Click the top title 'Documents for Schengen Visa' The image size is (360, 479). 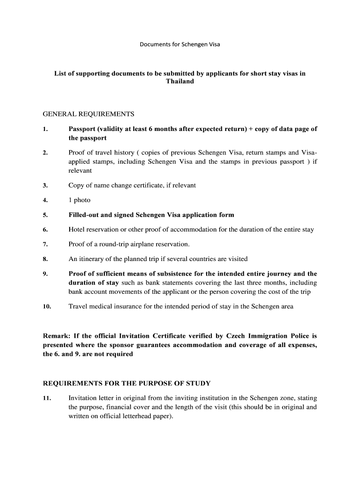[x=180, y=45]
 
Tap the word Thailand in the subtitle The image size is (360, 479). [x=180, y=81]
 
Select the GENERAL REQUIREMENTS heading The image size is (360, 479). [x=88, y=114]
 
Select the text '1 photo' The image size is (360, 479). [x=79, y=200]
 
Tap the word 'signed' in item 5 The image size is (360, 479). [x=122, y=215]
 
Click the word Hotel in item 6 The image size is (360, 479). [x=78, y=230]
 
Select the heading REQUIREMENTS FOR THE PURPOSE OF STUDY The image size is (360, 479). [x=127, y=383]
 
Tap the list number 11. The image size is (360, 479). [x=47, y=398]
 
